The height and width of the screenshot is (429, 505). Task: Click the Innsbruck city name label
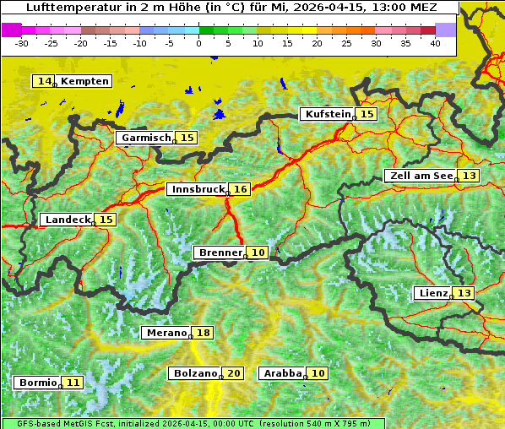tap(198, 190)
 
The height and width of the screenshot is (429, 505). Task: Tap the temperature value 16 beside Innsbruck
tap(241, 190)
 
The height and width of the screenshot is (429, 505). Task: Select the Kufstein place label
tap(327, 114)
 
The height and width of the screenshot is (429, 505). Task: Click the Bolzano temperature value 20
tap(234, 373)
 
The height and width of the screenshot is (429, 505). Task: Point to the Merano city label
tap(166, 333)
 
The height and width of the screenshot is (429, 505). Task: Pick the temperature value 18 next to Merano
tap(203, 333)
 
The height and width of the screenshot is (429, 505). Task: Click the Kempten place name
tap(84, 81)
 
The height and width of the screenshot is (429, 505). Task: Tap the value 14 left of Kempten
tap(44, 81)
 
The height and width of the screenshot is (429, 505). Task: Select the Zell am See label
tap(419, 176)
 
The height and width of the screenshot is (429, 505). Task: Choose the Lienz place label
tap(432, 293)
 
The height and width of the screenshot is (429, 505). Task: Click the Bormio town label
tap(37, 383)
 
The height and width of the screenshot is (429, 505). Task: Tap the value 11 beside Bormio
tap(73, 383)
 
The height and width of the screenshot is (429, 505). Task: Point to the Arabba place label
tap(282, 373)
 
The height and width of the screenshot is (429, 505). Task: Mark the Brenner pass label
tap(220, 253)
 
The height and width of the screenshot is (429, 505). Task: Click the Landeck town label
tap(67, 220)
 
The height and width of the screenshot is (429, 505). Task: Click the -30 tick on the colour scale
tap(22, 42)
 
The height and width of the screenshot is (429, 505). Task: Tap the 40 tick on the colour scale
tap(435, 42)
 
